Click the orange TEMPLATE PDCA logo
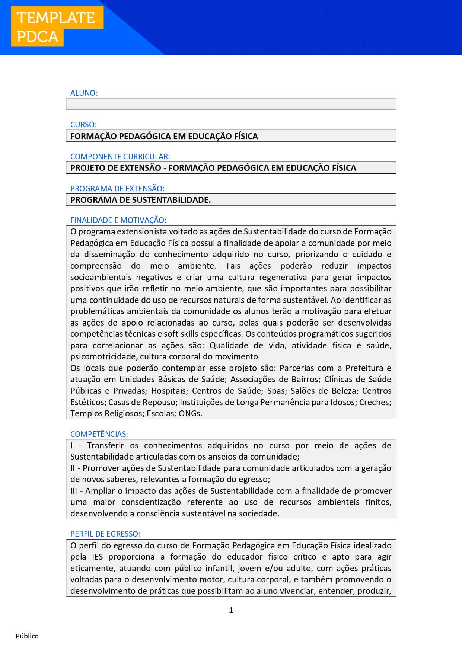[x=57, y=27]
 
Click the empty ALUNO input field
[x=231, y=104]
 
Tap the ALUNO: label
[x=84, y=93]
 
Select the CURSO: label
[x=83, y=125]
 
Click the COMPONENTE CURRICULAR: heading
[x=120, y=157]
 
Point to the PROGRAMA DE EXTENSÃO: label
[x=117, y=189]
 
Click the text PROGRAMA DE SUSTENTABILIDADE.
[x=140, y=200]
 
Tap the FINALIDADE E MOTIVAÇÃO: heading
[x=118, y=220]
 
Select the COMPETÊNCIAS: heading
[x=99, y=434]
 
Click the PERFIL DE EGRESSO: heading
[x=105, y=534]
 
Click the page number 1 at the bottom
[x=231, y=610]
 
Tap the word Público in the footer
[x=27, y=636]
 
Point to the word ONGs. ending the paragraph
[x=190, y=413]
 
